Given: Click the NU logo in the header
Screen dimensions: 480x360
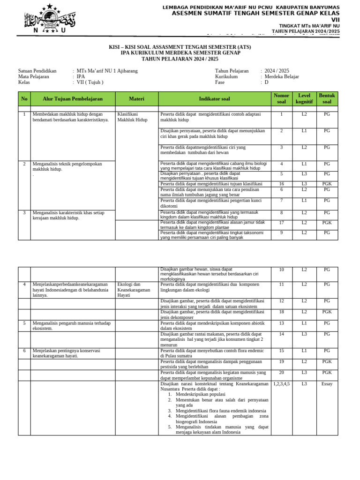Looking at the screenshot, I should [x=50, y=18].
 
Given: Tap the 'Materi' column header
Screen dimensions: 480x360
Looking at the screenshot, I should [x=136, y=99].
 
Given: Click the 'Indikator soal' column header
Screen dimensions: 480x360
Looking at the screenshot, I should [x=214, y=99].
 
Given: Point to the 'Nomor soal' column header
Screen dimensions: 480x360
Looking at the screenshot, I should [x=281, y=99].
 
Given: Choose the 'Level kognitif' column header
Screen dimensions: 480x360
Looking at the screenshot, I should [x=304, y=99].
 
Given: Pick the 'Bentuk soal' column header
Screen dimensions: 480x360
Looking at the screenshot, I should [x=327, y=99].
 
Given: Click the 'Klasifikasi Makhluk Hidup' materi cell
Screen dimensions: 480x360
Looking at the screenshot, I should [x=132, y=117].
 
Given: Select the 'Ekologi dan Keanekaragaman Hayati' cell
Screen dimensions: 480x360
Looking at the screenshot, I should [x=134, y=290].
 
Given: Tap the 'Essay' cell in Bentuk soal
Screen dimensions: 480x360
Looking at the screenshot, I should [x=327, y=383].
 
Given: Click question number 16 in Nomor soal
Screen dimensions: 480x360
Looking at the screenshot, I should [x=281, y=184].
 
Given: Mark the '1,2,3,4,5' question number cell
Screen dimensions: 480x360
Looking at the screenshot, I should [x=281, y=383].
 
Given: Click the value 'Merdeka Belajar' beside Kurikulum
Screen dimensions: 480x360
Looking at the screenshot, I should [x=282, y=76].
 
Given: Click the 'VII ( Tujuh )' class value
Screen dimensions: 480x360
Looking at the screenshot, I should [x=90, y=82].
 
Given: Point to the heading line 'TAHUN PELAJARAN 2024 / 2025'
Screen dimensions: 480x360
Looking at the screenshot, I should [x=180, y=59].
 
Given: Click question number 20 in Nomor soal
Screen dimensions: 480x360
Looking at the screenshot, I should [x=281, y=372].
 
